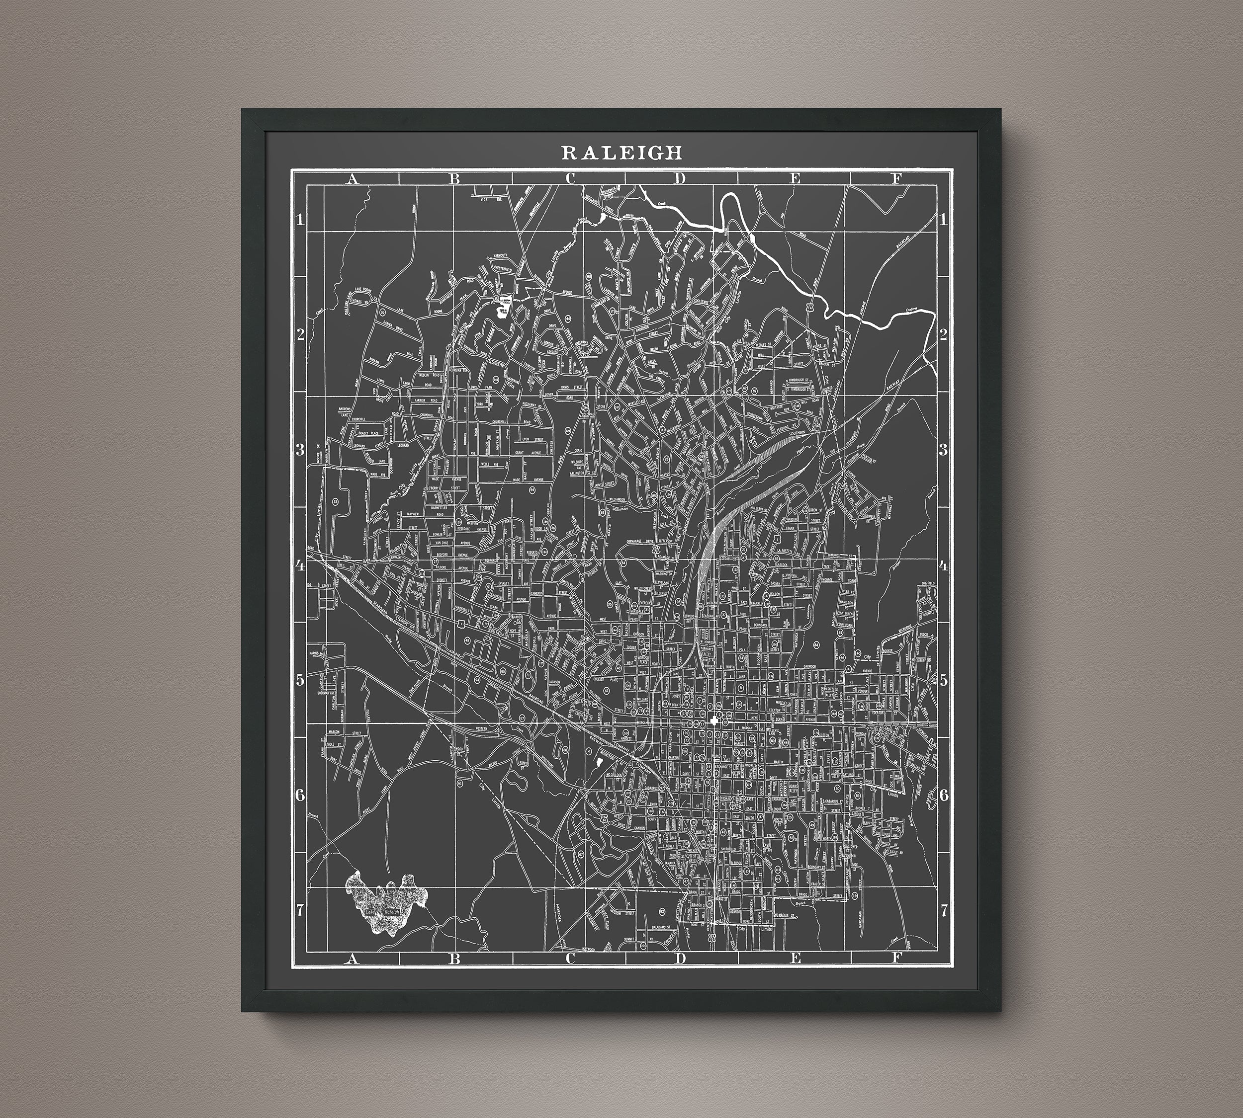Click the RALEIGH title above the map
coord(621,152)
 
